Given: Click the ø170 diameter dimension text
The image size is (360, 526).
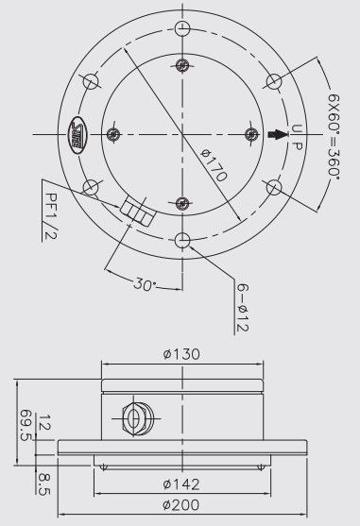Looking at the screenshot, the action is click(214, 165).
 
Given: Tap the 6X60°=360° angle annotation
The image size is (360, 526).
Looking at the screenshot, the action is click(334, 137).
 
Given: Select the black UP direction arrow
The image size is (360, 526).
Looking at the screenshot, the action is click(278, 134).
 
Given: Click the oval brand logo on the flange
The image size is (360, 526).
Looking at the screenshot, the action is click(77, 135).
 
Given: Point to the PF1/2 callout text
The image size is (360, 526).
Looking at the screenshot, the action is click(51, 215).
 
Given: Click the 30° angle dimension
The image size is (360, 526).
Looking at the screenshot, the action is click(145, 284).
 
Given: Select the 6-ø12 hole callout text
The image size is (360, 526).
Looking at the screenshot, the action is click(242, 307).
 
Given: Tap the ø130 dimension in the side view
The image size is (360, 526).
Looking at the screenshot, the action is click(181, 354).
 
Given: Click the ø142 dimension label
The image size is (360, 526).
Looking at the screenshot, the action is click(181, 484).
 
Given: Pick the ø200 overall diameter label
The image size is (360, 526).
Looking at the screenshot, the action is click(181, 504).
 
